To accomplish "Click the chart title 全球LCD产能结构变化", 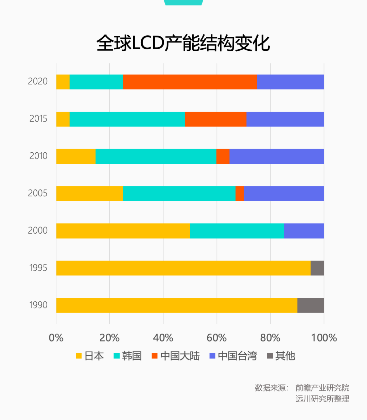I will coord(183,43).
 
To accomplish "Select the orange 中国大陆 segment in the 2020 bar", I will coord(190,82).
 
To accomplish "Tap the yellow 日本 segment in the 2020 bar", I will coord(63,82).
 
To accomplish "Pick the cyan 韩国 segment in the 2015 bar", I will coord(127,119).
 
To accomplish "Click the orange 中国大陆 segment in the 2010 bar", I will coord(223,156).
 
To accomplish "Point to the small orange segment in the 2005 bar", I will coord(240,194).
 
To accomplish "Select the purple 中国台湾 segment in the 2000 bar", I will coord(304,231).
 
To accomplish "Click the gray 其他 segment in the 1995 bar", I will coord(317,268).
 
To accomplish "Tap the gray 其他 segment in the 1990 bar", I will coord(311,305).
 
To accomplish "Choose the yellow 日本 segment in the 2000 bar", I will coord(123,231).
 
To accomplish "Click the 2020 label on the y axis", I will coord(38,82).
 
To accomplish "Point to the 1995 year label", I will coord(38,268).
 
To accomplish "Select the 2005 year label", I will coord(38,194).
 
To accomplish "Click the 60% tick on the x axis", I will coord(216,338).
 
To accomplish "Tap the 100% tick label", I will coord(324,338).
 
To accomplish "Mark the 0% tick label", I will coord(56,338).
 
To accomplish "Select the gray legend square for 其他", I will coord(270,356).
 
